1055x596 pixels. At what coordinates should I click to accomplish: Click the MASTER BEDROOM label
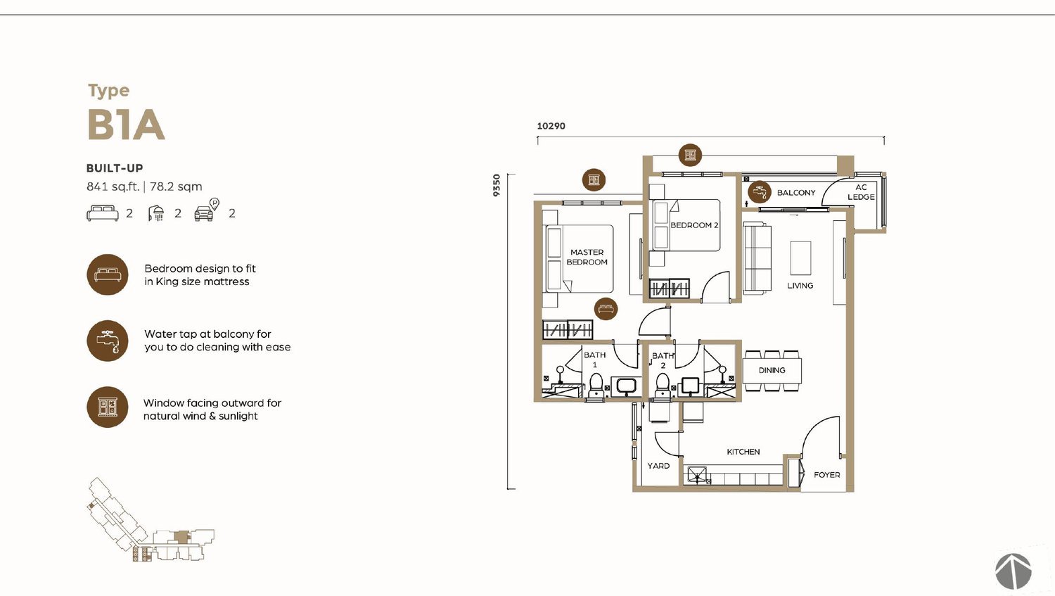tap(587, 258)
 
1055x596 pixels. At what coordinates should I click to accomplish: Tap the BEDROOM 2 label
tap(694, 225)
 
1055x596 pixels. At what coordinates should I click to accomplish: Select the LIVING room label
tap(800, 286)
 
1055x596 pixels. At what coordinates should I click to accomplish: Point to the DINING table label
tap(772, 370)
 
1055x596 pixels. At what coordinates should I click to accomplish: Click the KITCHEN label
tap(743, 452)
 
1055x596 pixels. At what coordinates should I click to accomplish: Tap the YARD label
tap(658, 466)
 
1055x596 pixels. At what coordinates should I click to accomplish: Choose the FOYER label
tap(827, 475)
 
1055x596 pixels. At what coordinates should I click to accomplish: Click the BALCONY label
tap(796, 193)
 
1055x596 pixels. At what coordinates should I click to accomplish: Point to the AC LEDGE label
tap(862, 192)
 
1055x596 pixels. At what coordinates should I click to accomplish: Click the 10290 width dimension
tap(551, 126)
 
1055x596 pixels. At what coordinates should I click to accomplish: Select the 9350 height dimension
tap(497, 185)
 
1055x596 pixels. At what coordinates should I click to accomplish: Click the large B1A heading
tap(126, 125)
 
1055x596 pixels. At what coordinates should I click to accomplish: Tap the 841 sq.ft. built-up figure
tap(113, 186)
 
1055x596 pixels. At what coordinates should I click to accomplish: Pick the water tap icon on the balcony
tap(760, 192)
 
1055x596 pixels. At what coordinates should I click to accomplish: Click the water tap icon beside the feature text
tap(108, 341)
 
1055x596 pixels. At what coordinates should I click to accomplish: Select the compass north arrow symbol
tap(1014, 571)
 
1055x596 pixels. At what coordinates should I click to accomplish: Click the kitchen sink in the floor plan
tap(697, 475)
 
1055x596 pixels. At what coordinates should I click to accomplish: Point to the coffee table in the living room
tap(800, 258)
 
